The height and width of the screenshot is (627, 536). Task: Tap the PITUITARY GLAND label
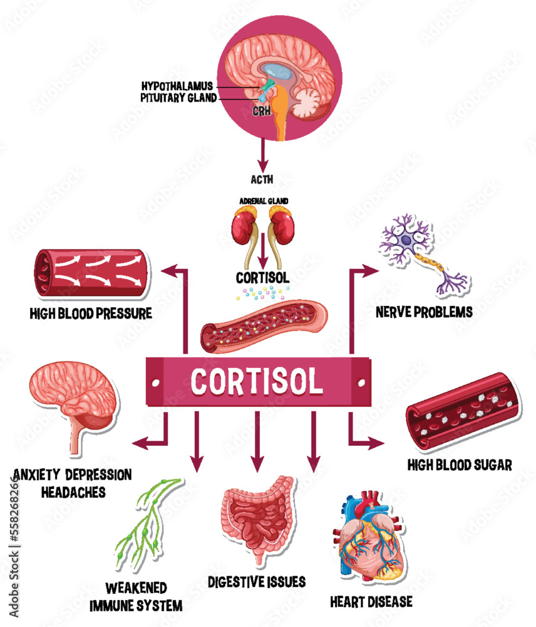coord(179,97)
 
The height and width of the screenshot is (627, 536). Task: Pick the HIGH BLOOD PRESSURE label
coord(91,312)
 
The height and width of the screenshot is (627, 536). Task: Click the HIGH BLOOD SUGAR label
coord(460,465)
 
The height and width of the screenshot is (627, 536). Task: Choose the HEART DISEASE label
coord(371,602)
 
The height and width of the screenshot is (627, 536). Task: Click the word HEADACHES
coord(73,491)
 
